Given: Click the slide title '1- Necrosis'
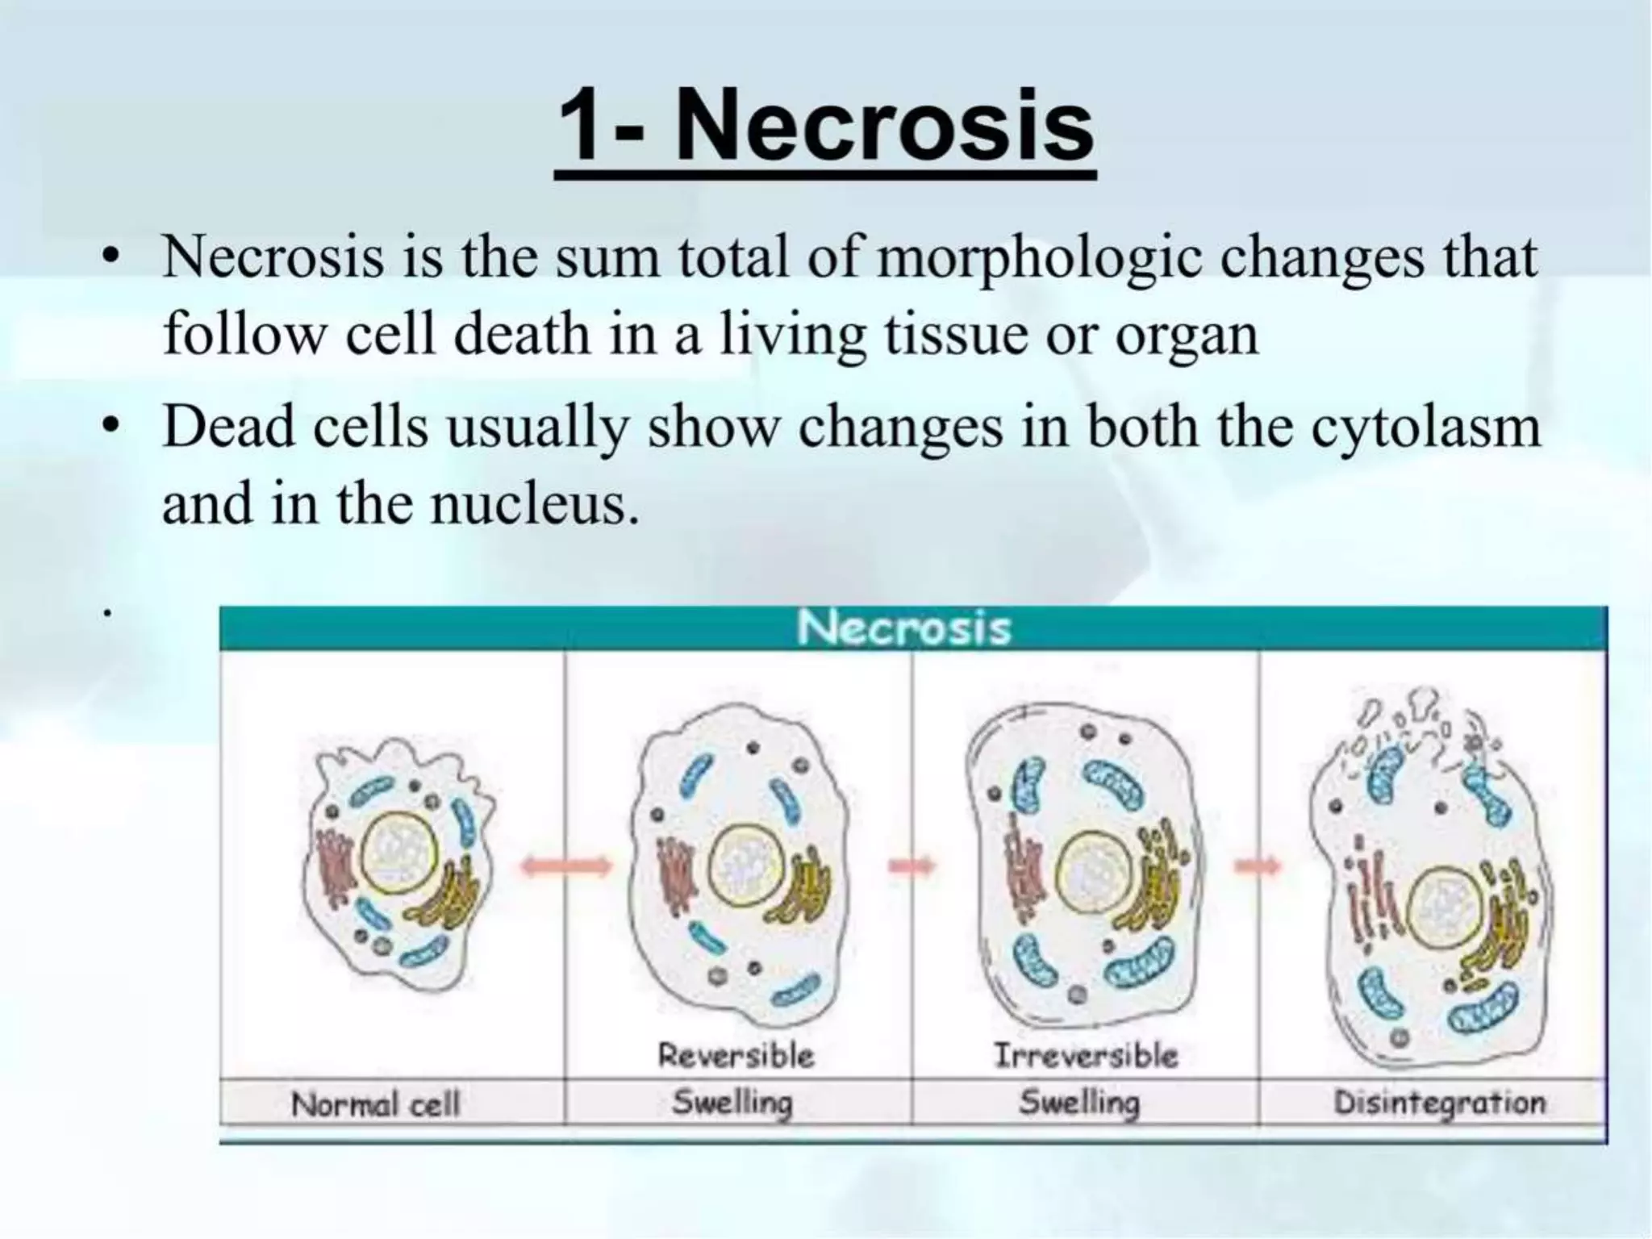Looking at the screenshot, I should (824, 129).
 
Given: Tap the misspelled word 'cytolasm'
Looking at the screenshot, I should (1425, 428).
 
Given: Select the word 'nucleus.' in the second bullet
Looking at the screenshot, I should (533, 504).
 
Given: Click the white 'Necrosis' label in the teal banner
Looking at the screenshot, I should (903, 628).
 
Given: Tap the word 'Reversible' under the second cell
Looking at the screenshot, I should (736, 1055).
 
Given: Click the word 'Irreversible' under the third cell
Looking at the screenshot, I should (1085, 1055).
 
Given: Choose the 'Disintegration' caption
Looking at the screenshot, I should (1439, 1103).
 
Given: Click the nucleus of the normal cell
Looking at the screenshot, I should (399, 855).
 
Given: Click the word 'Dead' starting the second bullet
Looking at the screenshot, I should (227, 428).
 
